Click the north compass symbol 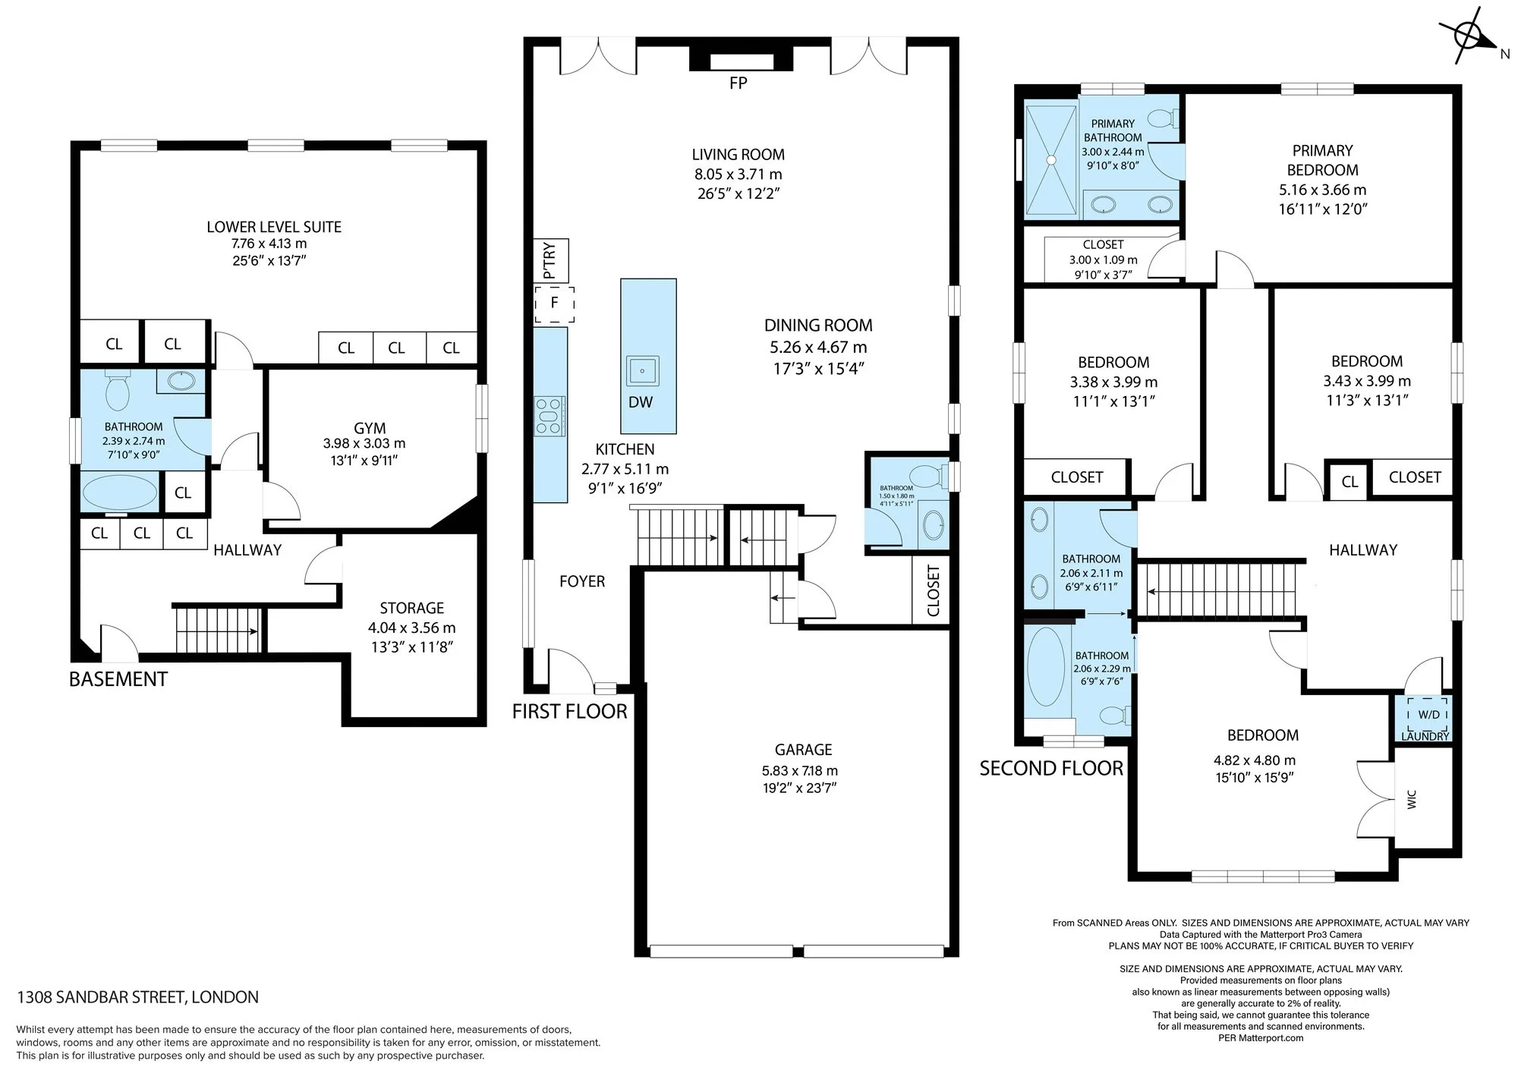[x=1469, y=35]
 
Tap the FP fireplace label [x=738, y=83]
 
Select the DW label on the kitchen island [x=641, y=402]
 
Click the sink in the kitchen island [x=643, y=371]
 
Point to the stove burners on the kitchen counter [x=550, y=417]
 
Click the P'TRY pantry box [x=552, y=260]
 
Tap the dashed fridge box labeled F [x=554, y=304]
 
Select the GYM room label [x=370, y=428]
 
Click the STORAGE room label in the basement [x=412, y=608]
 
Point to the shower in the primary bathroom [x=1051, y=159]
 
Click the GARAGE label [x=803, y=750]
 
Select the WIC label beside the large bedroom [x=1412, y=799]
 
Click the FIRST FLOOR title [x=570, y=712]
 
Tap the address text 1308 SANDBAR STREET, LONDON [x=137, y=997]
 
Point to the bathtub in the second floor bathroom [x=1046, y=668]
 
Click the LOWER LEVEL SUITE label [x=274, y=227]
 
